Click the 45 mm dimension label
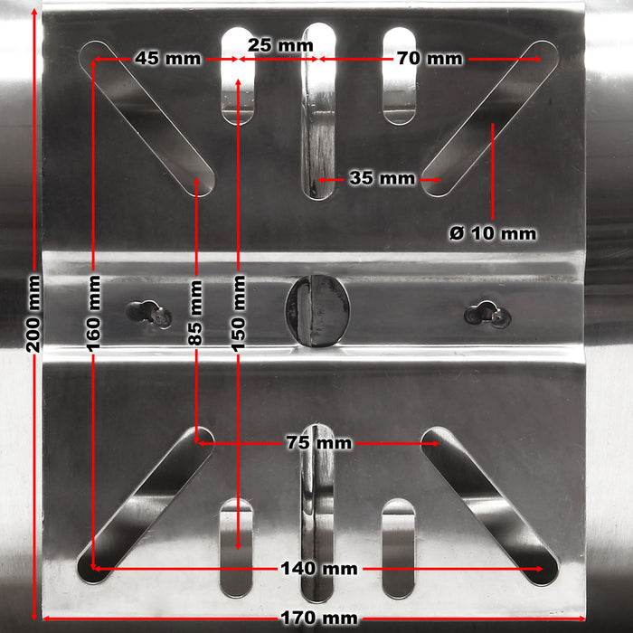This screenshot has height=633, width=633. pos(167,59)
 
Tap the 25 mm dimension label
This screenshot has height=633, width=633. pos(275,44)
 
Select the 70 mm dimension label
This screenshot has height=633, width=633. pos(429,59)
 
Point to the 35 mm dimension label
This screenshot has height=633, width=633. pos(382,178)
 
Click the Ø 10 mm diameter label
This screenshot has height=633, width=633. pos(492,233)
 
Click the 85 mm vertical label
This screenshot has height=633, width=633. pos(196,312)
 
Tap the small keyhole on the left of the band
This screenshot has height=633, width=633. pos(148,313)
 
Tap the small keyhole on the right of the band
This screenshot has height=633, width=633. pos(486,313)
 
